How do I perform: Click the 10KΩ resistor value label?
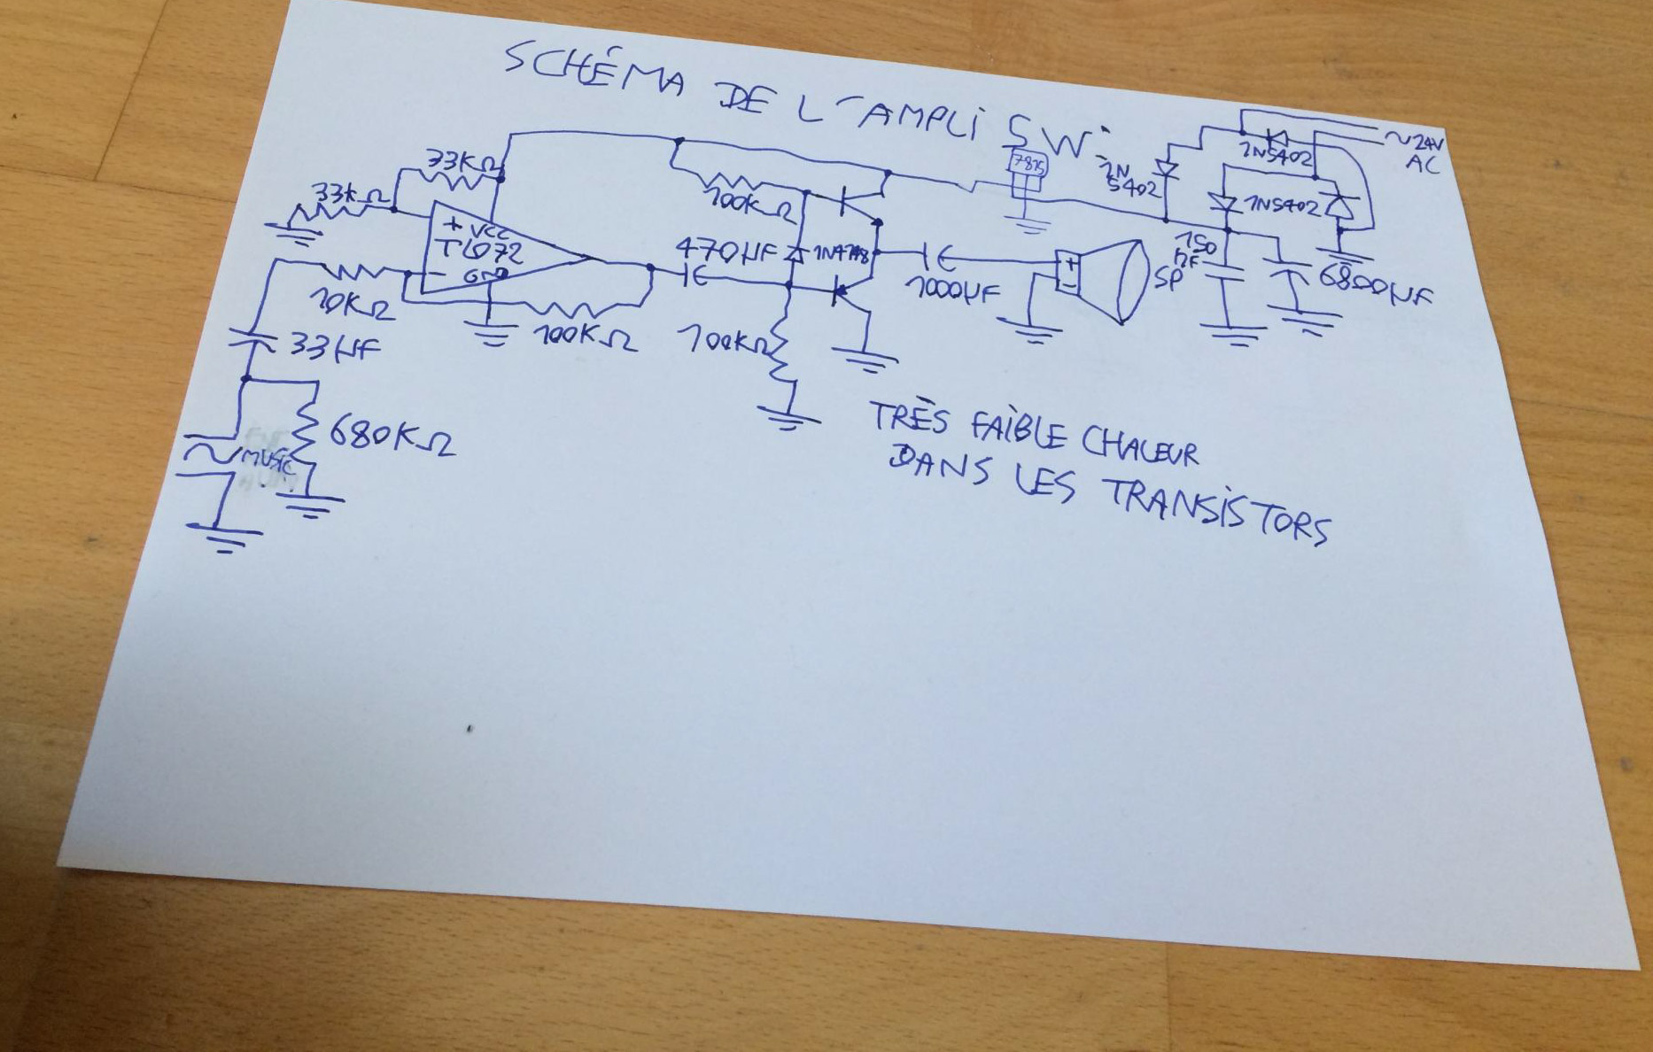(x=351, y=306)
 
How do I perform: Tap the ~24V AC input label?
(x=1416, y=151)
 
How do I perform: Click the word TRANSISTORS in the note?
(x=1217, y=512)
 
